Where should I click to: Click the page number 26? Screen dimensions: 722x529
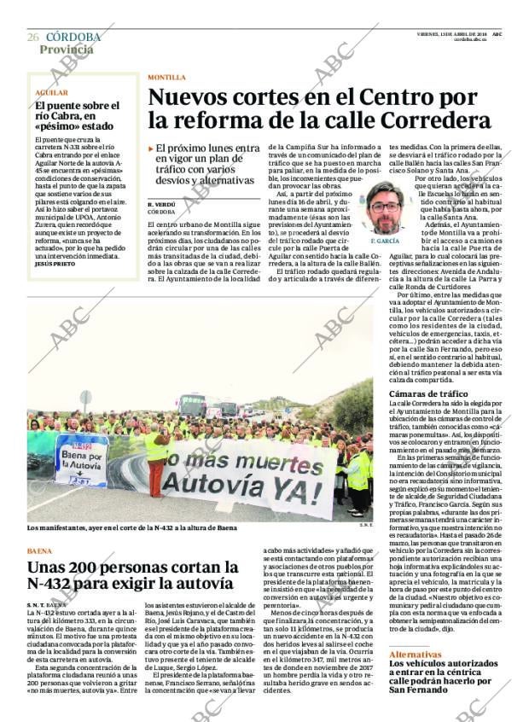[x=33, y=38]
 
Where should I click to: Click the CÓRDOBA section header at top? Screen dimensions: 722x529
[x=73, y=38]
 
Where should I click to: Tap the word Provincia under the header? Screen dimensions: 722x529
[x=67, y=49]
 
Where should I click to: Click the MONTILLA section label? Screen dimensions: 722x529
[x=166, y=77]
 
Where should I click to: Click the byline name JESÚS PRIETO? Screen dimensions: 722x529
[x=55, y=264]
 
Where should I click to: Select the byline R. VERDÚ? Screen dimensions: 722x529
[x=162, y=204]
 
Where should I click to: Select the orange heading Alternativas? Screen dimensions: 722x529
[x=416, y=654]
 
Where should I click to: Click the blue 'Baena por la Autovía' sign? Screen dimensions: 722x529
[x=83, y=461]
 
